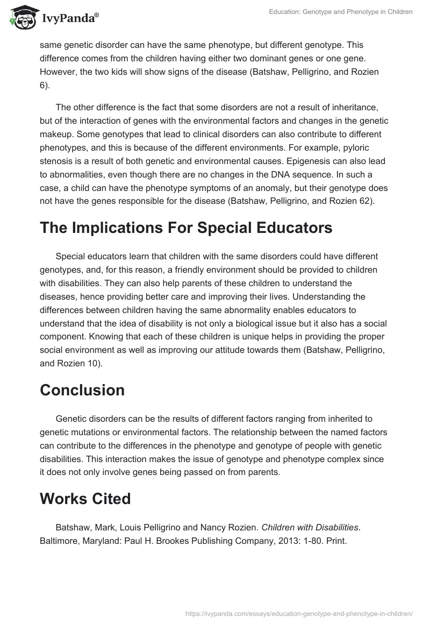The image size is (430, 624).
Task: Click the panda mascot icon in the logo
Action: coord(20,18)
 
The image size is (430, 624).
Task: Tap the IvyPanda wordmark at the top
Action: coord(70,19)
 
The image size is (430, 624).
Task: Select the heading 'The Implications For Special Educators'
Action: coord(186,228)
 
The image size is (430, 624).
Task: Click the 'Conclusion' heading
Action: coord(82,390)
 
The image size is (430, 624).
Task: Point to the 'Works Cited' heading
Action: coord(85,499)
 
